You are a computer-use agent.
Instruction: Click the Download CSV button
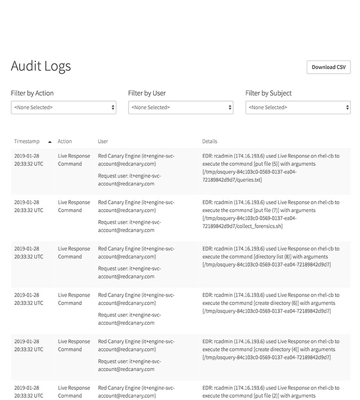coord(329,67)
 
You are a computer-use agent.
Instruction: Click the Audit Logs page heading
coord(41,66)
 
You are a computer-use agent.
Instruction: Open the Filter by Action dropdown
coord(63,107)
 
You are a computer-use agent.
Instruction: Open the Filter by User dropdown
coord(180,107)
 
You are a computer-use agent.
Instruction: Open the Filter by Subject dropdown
coord(298,107)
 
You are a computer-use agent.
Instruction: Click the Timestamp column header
coord(27,141)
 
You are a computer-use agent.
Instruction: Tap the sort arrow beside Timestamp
coord(50,142)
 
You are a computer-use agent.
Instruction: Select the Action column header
coord(65,141)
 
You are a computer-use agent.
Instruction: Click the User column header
coord(103,141)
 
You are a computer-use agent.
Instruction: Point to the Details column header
coord(210,141)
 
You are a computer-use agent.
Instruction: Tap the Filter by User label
coord(147,93)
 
